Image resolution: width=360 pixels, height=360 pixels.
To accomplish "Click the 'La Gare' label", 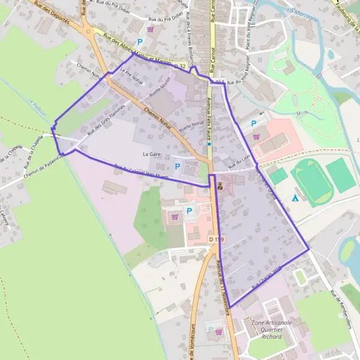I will tap(152, 154).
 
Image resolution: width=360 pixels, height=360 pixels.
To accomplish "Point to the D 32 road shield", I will tap(181, 65).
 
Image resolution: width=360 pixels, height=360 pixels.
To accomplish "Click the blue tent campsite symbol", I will tap(295, 197).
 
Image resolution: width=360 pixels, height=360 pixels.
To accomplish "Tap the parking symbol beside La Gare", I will tap(177, 166).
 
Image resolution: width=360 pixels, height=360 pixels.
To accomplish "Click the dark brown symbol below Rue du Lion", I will tap(220, 187).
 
